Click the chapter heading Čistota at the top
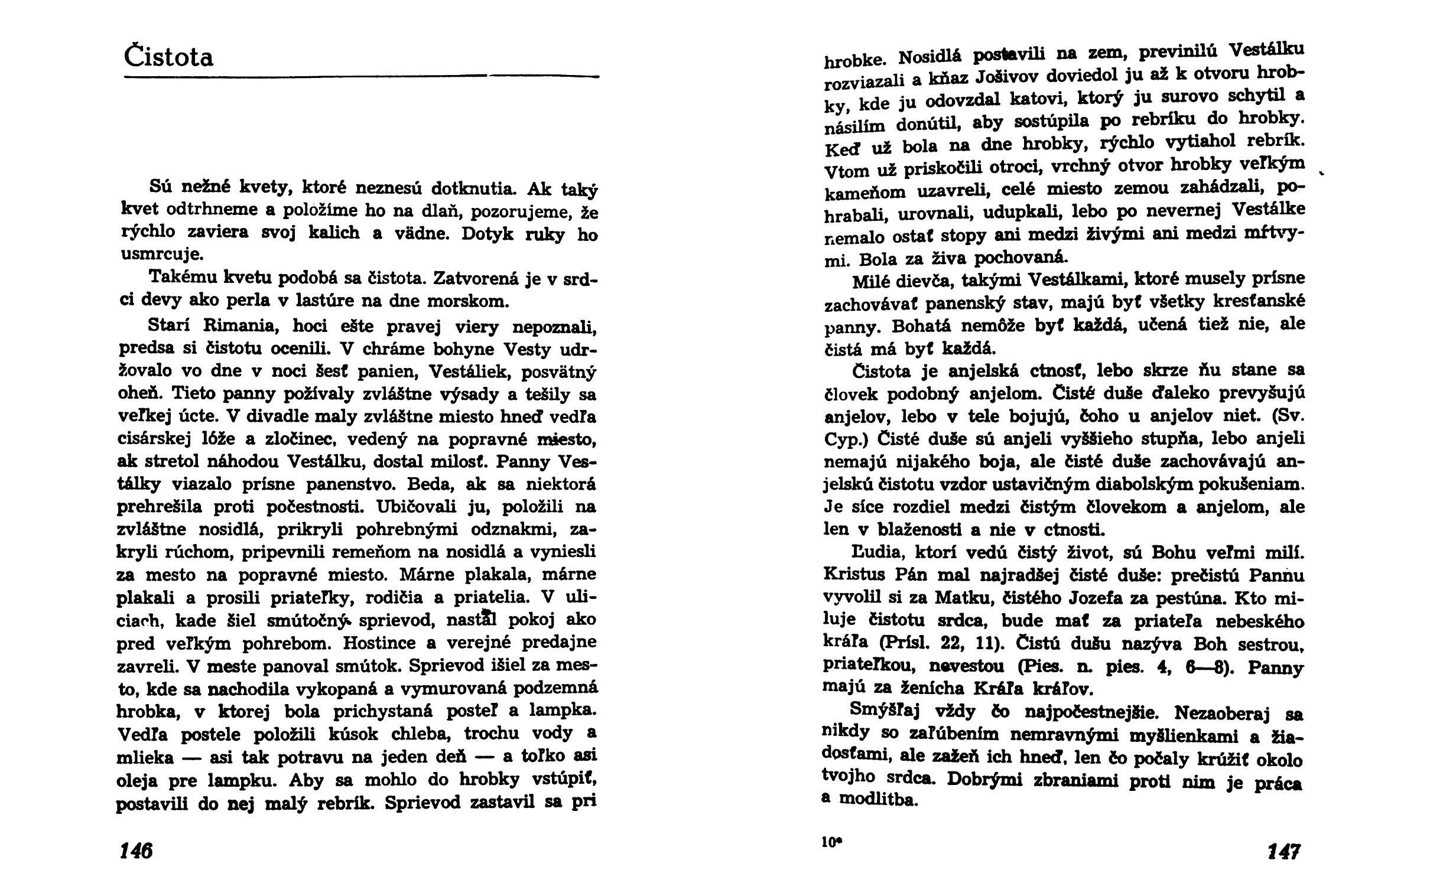(169, 58)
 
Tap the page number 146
(136, 851)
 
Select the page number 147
(1284, 852)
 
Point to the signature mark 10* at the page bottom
(830, 843)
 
